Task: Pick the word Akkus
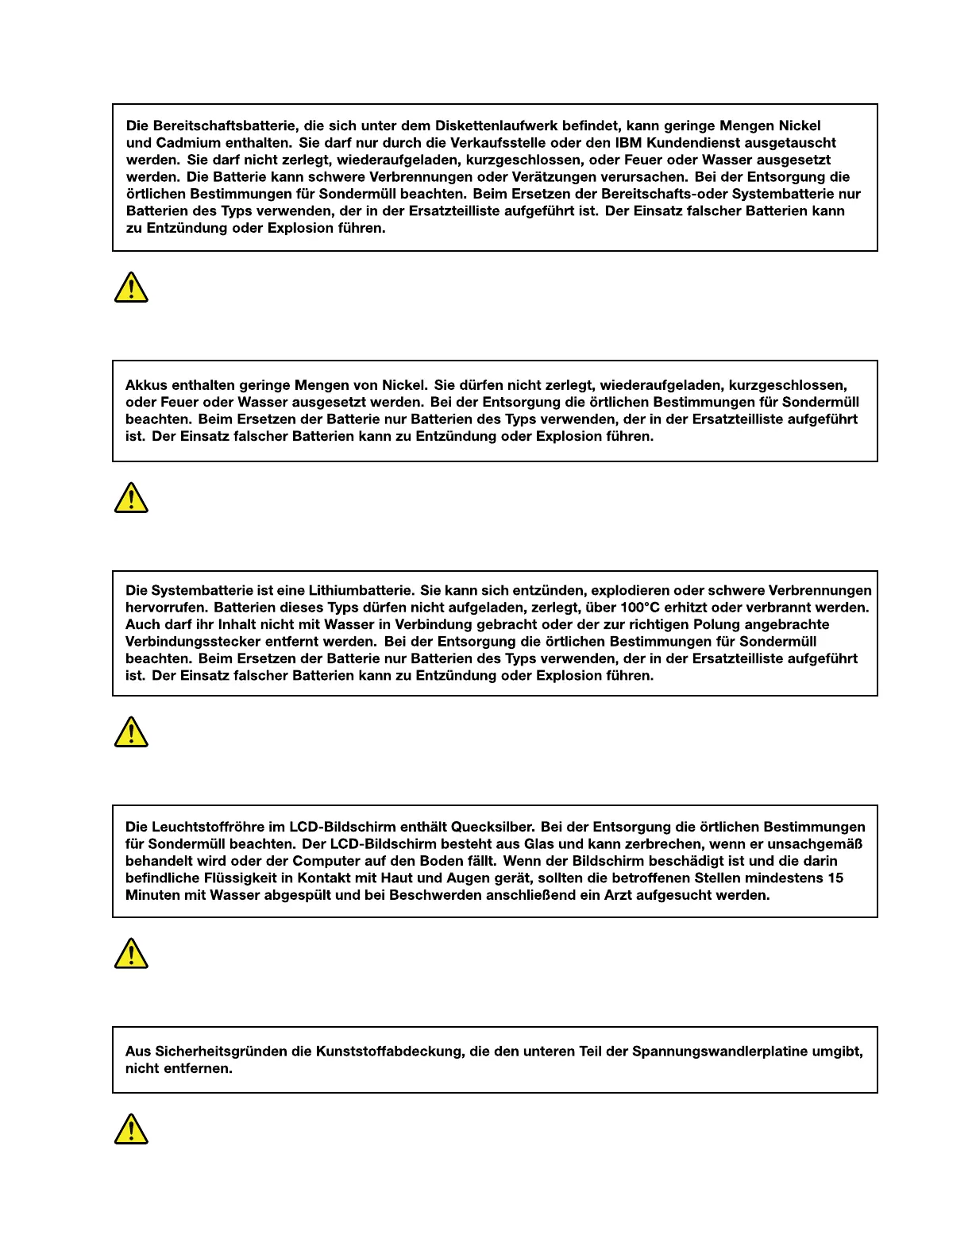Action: click(x=145, y=386)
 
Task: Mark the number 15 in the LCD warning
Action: click(x=835, y=878)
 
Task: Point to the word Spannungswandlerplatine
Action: click(x=735, y=1052)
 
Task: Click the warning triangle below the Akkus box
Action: click(x=131, y=498)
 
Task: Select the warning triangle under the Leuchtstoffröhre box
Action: click(x=131, y=953)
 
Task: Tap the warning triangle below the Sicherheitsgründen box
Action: click(x=131, y=1129)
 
